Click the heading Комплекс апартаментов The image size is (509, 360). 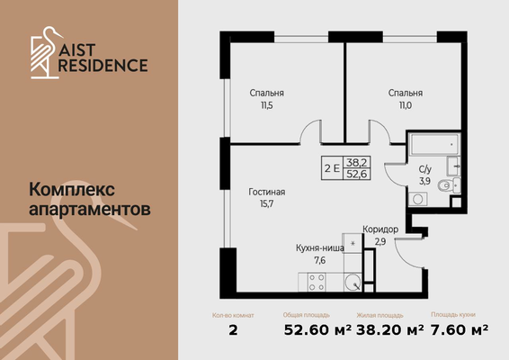point(90,198)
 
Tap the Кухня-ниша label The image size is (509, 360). point(319,247)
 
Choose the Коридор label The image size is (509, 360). point(380,229)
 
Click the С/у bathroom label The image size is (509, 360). point(426,169)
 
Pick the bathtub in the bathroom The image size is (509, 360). point(434,146)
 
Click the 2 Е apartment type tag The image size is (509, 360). point(332,166)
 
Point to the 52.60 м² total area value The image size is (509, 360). point(305,330)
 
